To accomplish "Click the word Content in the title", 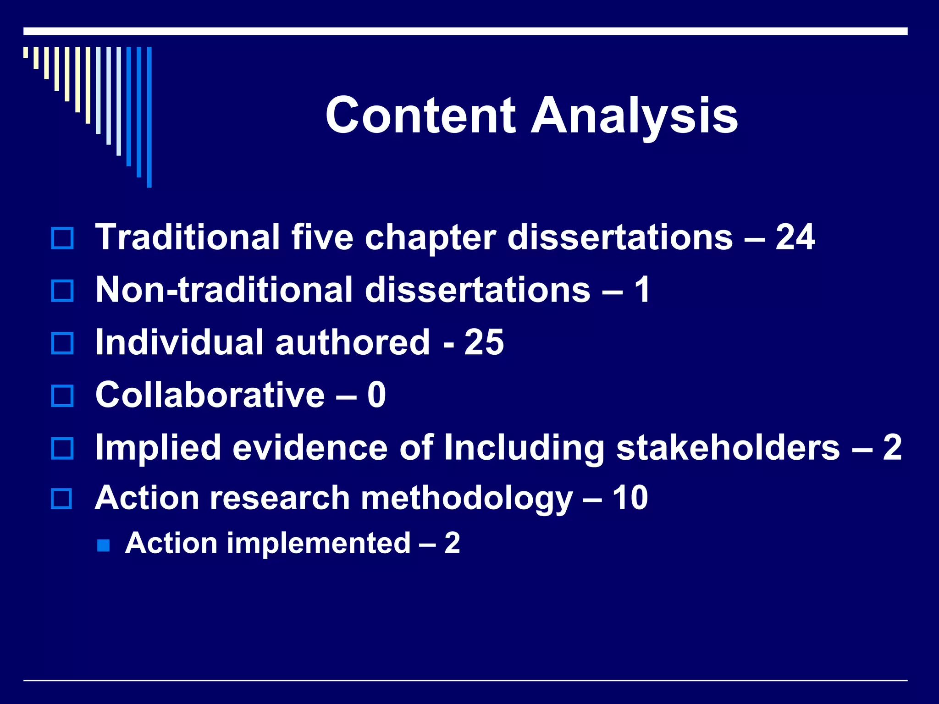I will click(420, 115).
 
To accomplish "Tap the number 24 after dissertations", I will click(795, 237).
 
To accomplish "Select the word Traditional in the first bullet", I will click(188, 237).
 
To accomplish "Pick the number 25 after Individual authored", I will click(484, 342).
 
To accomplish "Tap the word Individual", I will click(179, 342).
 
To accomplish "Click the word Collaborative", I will click(210, 395).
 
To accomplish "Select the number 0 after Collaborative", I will click(376, 395).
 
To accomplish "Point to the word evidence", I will click(310, 447).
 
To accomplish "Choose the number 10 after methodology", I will click(630, 498).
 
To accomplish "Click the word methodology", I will click(467, 499).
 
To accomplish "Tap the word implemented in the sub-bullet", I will click(319, 544).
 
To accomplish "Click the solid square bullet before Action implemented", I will click(104, 545).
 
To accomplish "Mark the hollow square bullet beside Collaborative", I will click(62, 396).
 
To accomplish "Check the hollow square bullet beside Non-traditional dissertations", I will click(62, 291).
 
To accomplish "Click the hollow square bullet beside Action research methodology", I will click(61, 499).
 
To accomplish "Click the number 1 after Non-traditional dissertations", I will click(642, 290).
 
